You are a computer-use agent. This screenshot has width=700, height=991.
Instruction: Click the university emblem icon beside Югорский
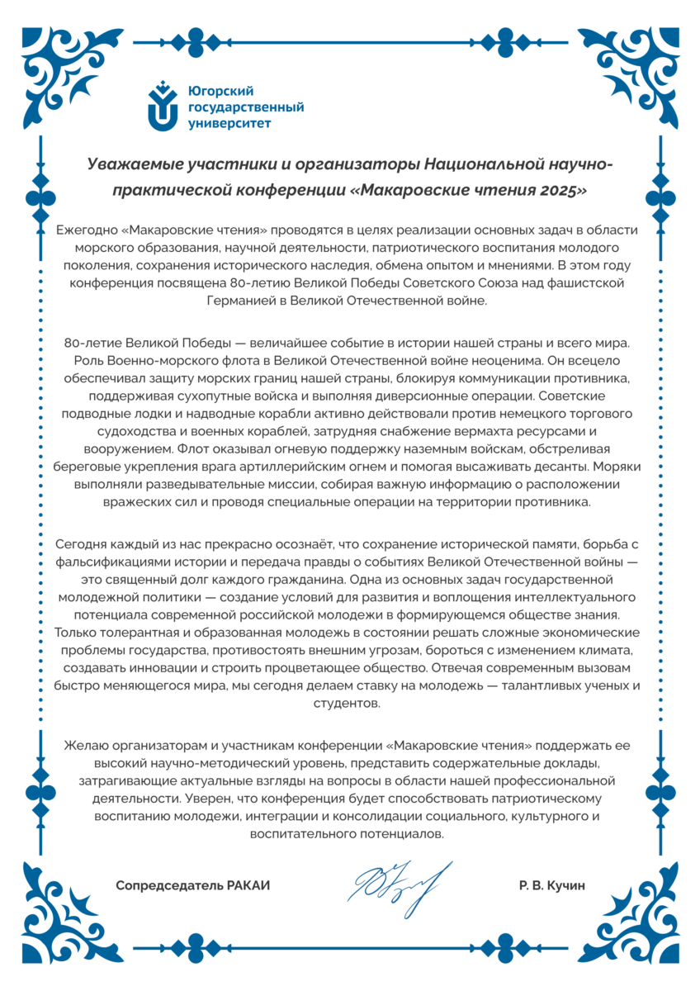tap(163, 106)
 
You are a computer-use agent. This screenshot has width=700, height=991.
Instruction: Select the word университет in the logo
tap(229, 124)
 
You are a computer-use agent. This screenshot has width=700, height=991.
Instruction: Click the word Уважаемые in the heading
tap(134, 164)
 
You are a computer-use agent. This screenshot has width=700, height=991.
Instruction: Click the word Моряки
tap(612, 465)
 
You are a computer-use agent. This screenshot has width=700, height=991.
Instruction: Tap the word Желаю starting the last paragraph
tap(84, 746)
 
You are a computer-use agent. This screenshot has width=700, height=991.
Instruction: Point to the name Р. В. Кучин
tap(551, 885)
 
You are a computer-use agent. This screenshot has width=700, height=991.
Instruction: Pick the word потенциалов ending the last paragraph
tap(399, 833)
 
